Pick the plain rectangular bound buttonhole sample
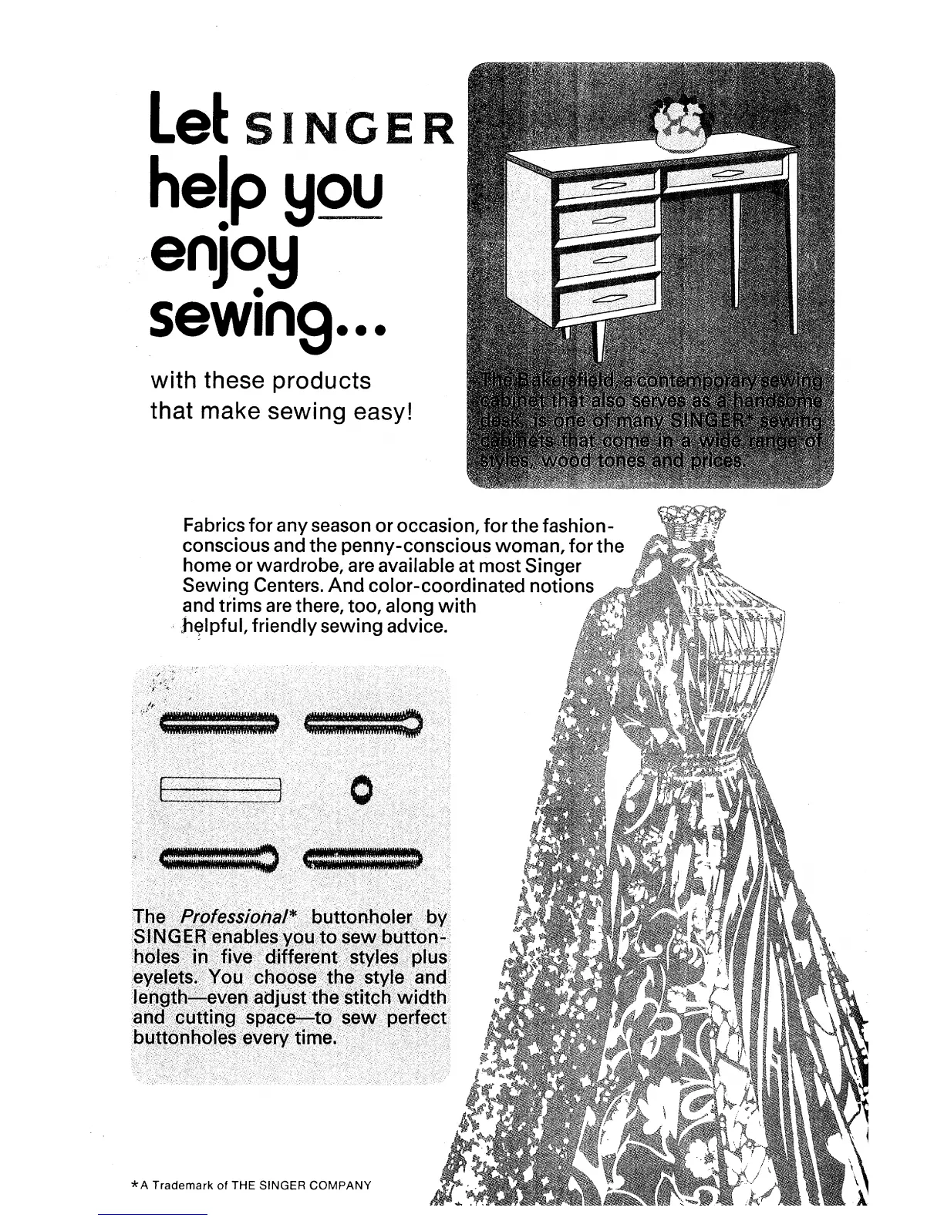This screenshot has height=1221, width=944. point(221,790)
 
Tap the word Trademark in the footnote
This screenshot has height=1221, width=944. point(179,1185)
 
